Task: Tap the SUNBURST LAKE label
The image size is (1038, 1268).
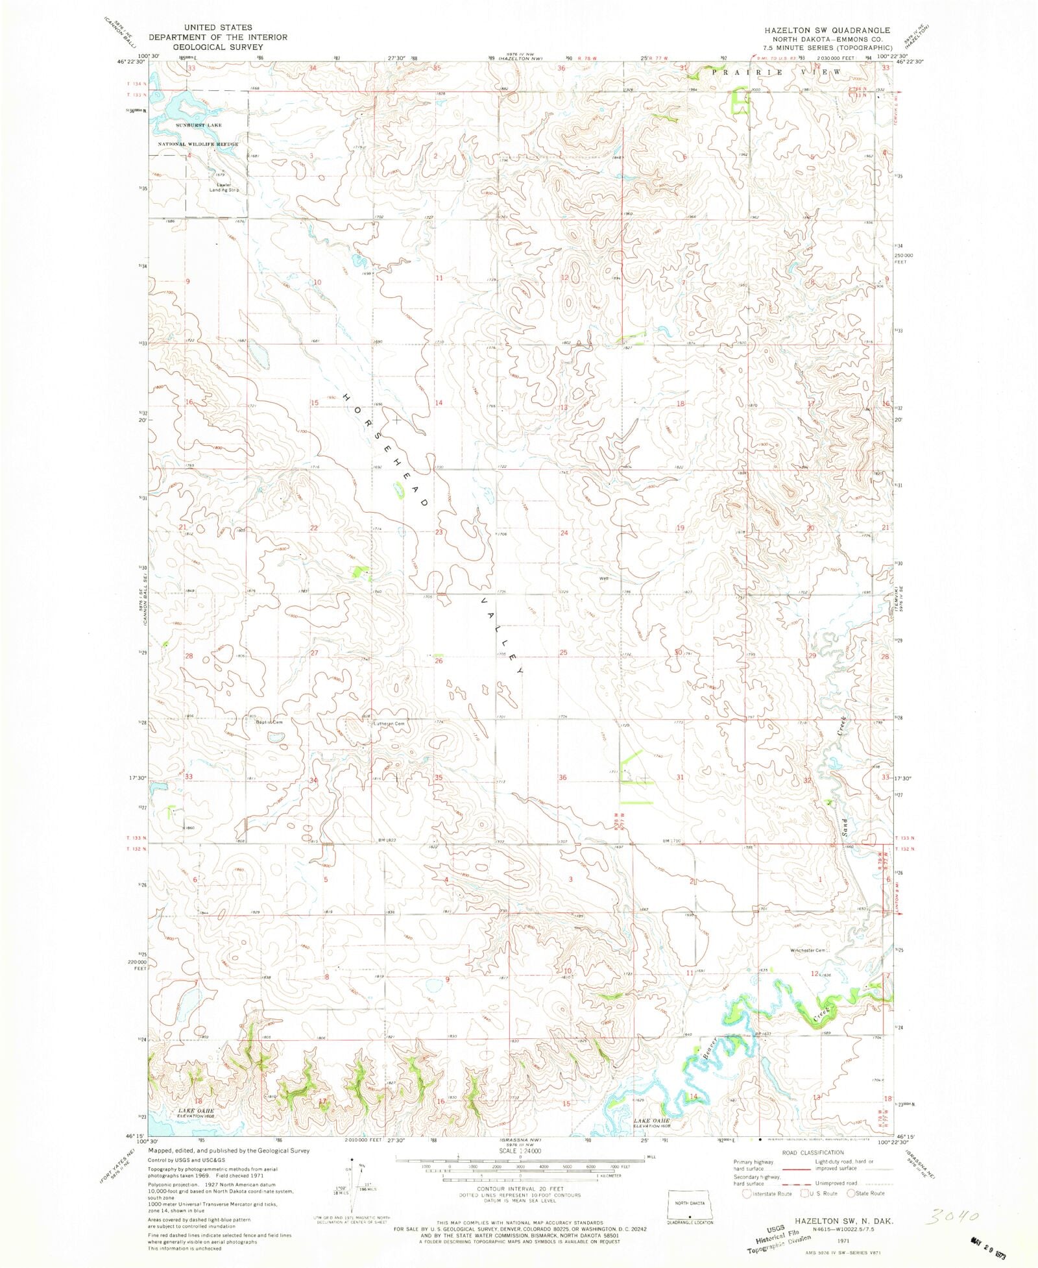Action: (x=199, y=125)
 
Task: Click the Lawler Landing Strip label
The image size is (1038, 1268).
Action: (x=223, y=188)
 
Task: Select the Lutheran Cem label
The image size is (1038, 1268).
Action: (x=389, y=724)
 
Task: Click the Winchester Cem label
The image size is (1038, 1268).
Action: (x=809, y=950)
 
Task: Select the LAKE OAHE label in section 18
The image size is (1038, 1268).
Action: (x=196, y=1112)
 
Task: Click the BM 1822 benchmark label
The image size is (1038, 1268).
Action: (x=387, y=840)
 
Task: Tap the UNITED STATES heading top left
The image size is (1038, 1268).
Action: (x=217, y=28)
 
